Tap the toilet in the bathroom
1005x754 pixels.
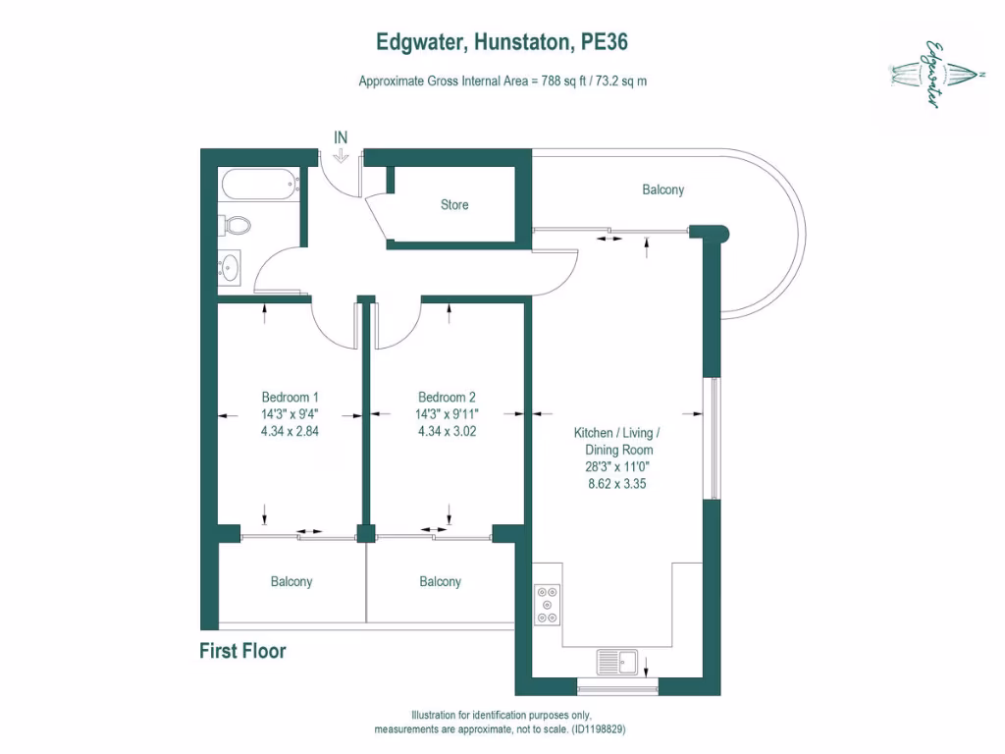[x=235, y=226]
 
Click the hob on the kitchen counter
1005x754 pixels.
[x=548, y=605]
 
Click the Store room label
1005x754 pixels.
[x=454, y=205]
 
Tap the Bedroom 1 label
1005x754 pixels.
[x=290, y=397]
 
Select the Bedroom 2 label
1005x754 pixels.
[x=447, y=397]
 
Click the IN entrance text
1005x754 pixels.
[x=341, y=137]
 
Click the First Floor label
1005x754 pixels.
[x=242, y=651]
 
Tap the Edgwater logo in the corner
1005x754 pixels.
[x=929, y=74]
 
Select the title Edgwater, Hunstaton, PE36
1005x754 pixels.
[x=502, y=42]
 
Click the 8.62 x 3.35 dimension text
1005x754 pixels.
[x=616, y=484]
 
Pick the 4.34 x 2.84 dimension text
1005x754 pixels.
[x=290, y=430]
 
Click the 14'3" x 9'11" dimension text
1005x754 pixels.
[x=447, y=413]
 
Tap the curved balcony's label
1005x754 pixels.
[x=662, y=189]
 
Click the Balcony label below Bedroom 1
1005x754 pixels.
[x=291, y=581]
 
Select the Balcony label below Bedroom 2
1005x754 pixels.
[x=440, y=581]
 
